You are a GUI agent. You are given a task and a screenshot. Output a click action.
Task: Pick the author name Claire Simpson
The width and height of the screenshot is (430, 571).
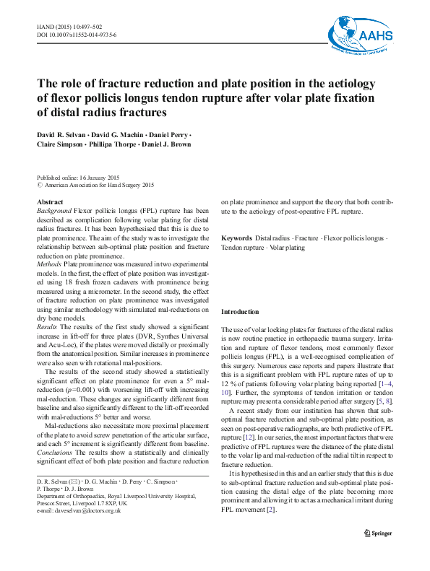pyautogui.click(x=61, y=144)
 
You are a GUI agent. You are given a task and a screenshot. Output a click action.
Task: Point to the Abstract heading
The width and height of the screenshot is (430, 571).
pyautogui.click(x=49, y=201)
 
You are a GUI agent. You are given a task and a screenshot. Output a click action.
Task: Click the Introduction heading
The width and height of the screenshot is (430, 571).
pyautogui.click(x=238, y=312)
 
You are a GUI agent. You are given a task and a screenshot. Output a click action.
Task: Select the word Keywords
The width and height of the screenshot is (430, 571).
pyautogui.click(x=236, y=238)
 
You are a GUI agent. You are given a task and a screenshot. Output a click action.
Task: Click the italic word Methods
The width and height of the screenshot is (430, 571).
pyautogui.click(x=48, y=265)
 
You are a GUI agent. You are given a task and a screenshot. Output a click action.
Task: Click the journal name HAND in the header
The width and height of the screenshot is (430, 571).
pyautogui.click(x=46, y=26)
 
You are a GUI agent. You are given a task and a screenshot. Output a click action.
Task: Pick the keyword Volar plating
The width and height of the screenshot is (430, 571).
pyautogui.click(x=287, y=248)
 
